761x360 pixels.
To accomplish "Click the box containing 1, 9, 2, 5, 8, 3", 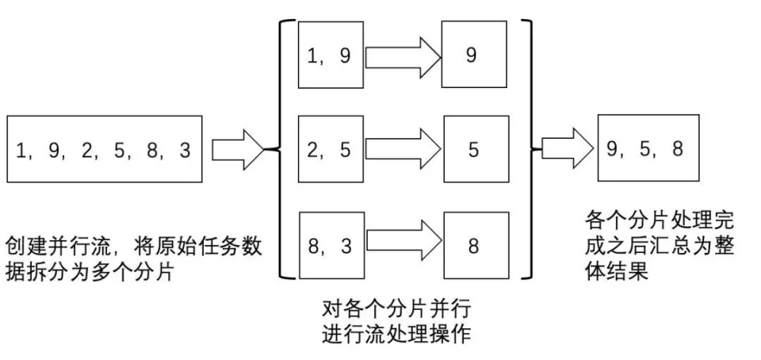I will pyautogui.click(x=104, y=149).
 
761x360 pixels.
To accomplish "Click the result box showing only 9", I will pyautogui.click(x=473, y=56).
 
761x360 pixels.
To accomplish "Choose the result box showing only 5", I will pyautogui.click(x=474, y=148).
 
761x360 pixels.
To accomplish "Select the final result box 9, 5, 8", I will pyautogui.click(x=648, y=149).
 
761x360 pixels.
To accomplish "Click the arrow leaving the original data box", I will pyautogui.click(x=237, y=149).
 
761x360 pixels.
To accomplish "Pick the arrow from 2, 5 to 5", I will pyautogui.click(x=402, y=148).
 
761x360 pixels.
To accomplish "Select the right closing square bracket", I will pyautogui.click(x=530, y=149).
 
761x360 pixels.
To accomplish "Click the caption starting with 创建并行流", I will pyautogui.click(x=133, y=258).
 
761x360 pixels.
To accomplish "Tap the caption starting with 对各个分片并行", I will pyautogui.click(x=397, y=320).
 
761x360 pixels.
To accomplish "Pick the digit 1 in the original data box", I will pyautogui.click(x=21, y=150).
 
